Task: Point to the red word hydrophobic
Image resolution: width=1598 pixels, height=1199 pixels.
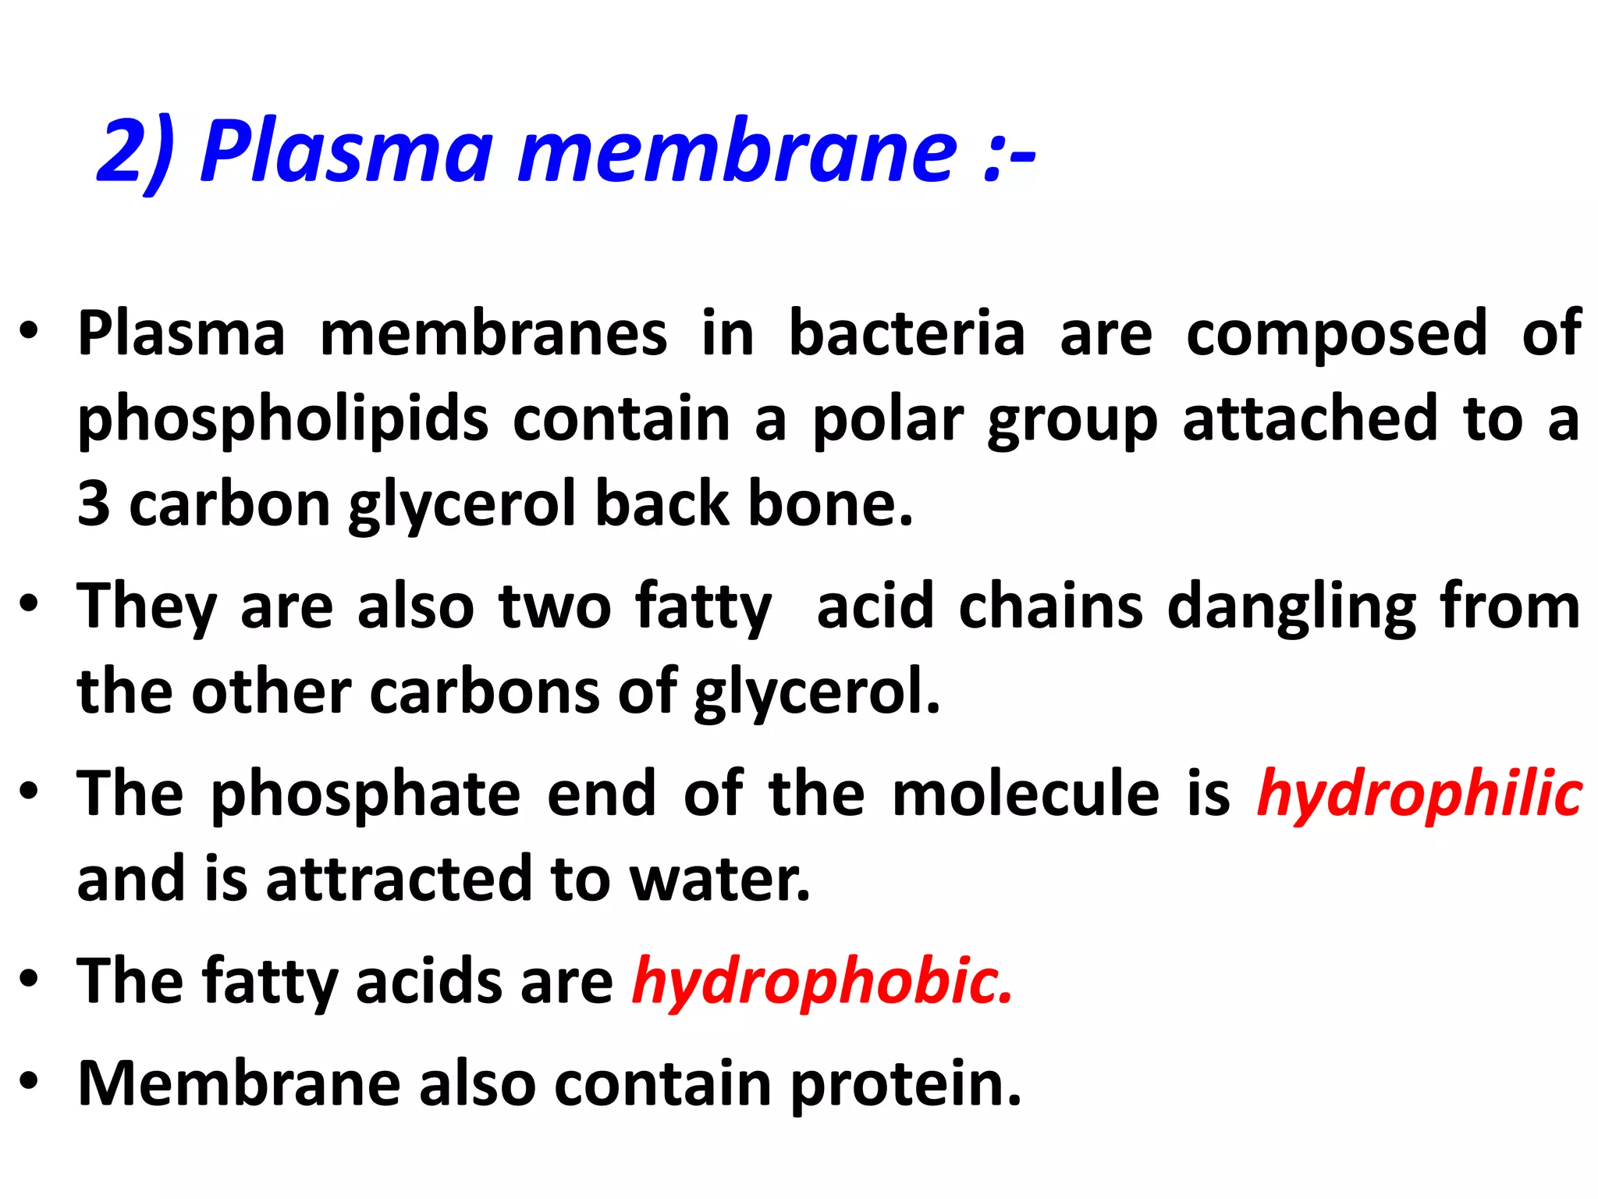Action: [x=822, y=981]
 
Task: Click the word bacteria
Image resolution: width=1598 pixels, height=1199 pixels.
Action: [x=906, y=333]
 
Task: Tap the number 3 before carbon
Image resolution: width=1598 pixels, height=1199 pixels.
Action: [x=94, y=503]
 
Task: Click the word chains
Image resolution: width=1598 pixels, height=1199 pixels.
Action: [x=1050, y=607]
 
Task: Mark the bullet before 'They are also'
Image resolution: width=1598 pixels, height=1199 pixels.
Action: [x=30, y=605]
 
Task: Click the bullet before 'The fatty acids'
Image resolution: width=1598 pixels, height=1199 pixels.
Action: [x=30, y=979]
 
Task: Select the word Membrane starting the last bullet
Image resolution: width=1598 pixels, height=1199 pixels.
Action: [x=239, y=1083]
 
